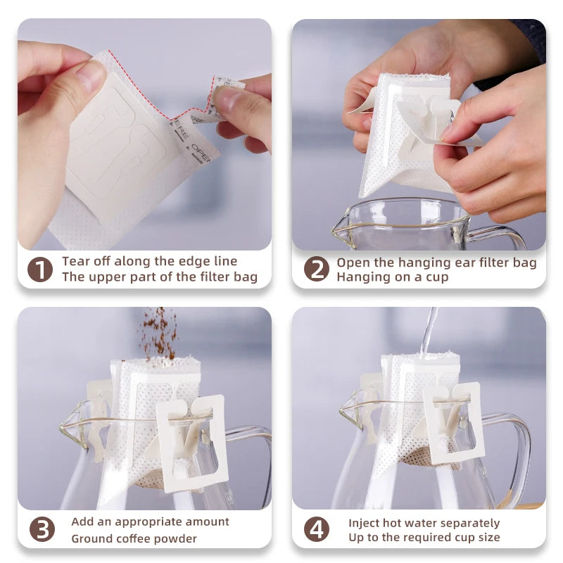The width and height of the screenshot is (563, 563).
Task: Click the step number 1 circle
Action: (x=40, y=270)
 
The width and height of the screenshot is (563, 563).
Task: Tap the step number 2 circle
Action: (x=316, y=270)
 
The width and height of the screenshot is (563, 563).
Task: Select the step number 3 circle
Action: (x=42, y=529)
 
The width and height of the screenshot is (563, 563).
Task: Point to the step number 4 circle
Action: (x=316, y=529)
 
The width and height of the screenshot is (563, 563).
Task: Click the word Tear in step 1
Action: (x=75, y=262)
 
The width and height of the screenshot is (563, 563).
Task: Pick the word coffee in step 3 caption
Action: (x=136, y=539)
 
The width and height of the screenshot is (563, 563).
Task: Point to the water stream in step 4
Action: (x=428, y=331)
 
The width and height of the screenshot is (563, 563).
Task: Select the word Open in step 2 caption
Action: (x=352, y=262)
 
